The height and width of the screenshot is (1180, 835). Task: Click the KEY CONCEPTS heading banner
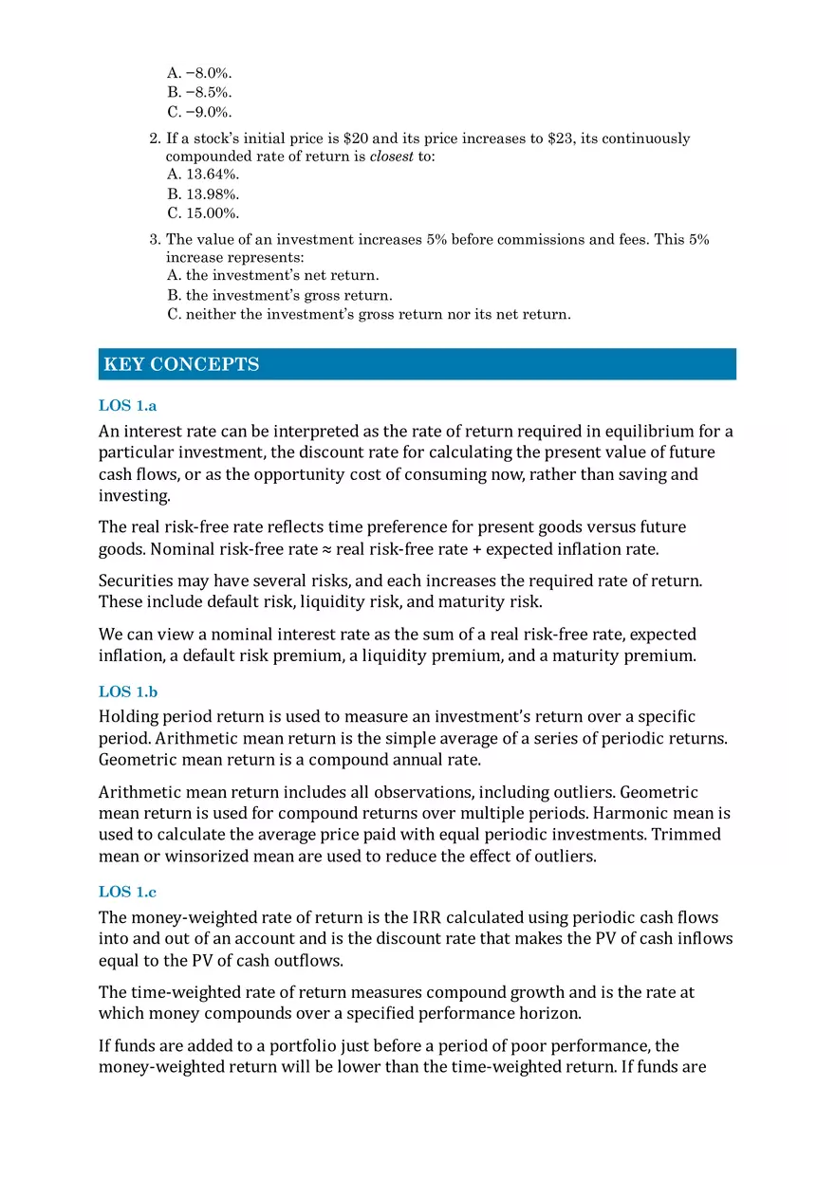pyautogui.click(x=417, y=364)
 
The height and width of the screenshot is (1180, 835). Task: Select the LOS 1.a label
pyautogui.click(x=127, y=405)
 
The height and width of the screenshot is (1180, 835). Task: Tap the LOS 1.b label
pyautogui.click(x=128, y=691)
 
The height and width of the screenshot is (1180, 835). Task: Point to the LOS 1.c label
pyautogui.click(x=127, y=892)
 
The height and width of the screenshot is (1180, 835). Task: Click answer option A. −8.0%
pyautogui.click(x=199, y=72)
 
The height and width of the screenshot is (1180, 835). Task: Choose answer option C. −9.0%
pyautogui.click(x=199, y=112)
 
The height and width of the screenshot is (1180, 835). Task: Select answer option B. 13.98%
pyautogui.click(x=203, y=194)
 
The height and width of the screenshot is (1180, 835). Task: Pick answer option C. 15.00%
pyautogui.click(x=203, y=213)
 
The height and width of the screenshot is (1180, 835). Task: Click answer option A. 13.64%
pyautogui.click(x=203, y=174)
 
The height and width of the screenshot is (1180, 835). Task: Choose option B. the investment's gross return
pyautogui.click(x=279, y=295)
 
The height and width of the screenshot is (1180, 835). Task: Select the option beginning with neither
pyautogui.click(x=368, y=314)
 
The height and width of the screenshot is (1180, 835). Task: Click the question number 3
pyautogui.click(x=155, y=240)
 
